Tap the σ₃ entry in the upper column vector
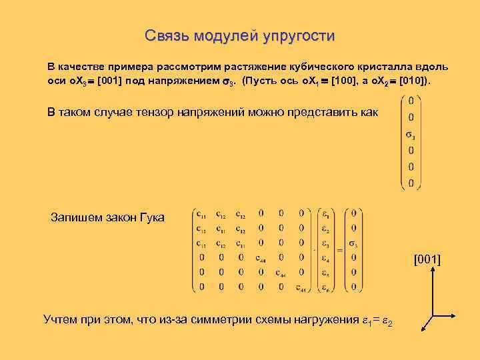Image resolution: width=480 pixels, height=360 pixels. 410,136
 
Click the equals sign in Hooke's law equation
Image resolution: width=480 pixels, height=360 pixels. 339,250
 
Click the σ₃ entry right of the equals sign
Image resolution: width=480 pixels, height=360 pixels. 354,243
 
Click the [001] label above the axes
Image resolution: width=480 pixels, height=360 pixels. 427,259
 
